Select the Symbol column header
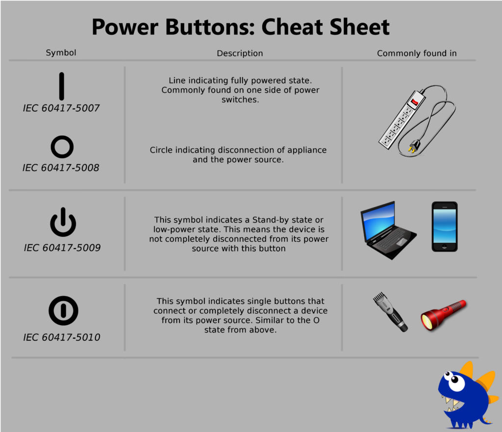[61, 53]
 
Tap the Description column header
[240, 53]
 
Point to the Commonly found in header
[417, 53]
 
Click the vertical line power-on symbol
[61, 86]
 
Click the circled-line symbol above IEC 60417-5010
[63, 310]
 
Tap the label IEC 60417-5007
[61, 108]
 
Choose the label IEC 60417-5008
[61, 168]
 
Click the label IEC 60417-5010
[62, 337]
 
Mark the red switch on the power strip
[415, 102]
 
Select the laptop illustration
[388, 230]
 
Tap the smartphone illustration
[445, 227]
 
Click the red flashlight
[444, 315]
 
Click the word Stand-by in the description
[272, 220]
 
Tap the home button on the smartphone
[444, 247]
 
